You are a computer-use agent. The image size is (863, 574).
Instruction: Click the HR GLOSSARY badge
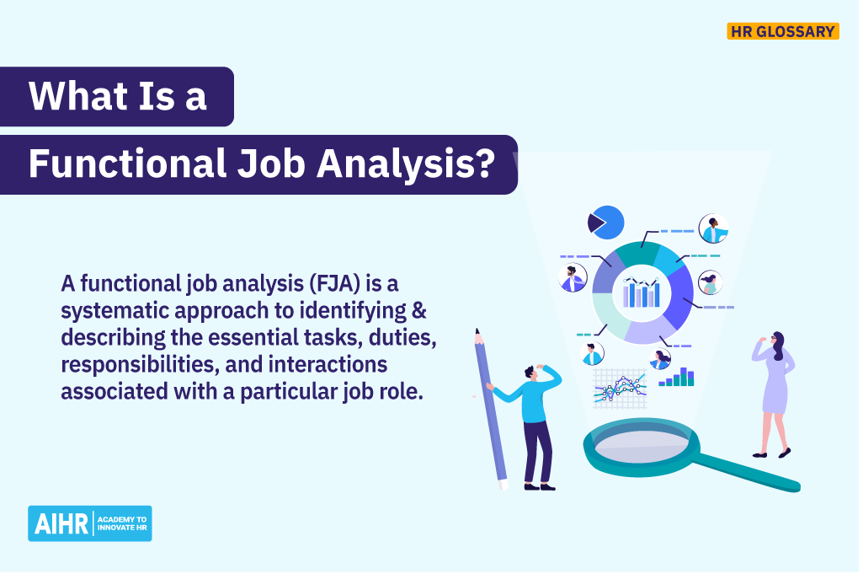[x=782, y=32]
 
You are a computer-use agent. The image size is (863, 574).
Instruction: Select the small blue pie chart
[x=605, y=223]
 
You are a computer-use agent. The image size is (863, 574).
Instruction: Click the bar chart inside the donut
[x=642, y=292]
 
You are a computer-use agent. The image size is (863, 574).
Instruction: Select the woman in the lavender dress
[x=773, y=392]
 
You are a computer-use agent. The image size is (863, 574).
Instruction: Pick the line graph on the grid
[x=619, y=388]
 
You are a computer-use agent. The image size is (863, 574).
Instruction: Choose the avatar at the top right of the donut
[x=713, y=228]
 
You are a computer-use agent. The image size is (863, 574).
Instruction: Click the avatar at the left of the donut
[x=573, y=277]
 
